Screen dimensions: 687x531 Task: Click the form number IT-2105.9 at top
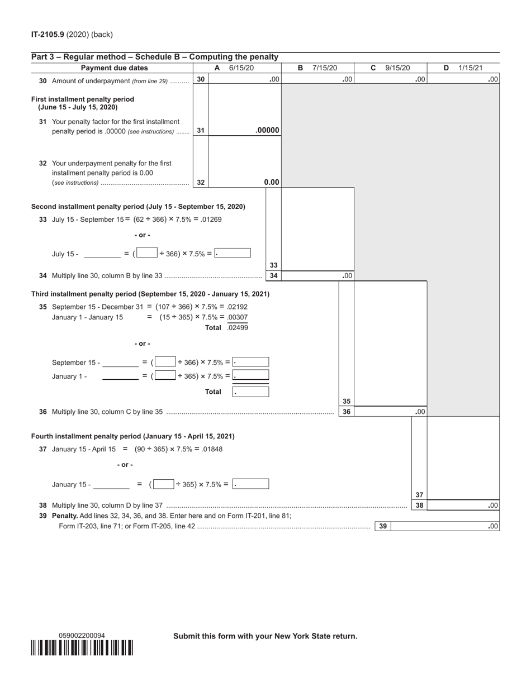pyautogui.click(x=48, y=35)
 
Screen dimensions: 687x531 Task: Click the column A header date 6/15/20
pyautogui.click(x=241, y=68)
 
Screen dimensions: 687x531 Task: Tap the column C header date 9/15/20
pyautogui.click(x=397, y=68)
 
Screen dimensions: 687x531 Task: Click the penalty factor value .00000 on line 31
pyautogui.click(x=267, y=131)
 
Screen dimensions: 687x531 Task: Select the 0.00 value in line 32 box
pyautogui.click(x=271, y=182)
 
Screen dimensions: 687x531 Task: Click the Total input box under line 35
pyautogui.click(x=250, y=392)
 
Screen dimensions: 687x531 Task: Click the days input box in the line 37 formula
pyautogui.click(x=163, y=484)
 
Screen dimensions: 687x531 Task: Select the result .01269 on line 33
pyautogui.click(x=211, y=220)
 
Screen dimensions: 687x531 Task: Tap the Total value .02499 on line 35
pyautogui.click(x=238, y=328)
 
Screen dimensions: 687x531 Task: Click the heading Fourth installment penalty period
pyautogui.click(x=132, y=436)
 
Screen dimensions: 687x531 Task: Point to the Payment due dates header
pyautogui.click(x=115, y=68)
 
